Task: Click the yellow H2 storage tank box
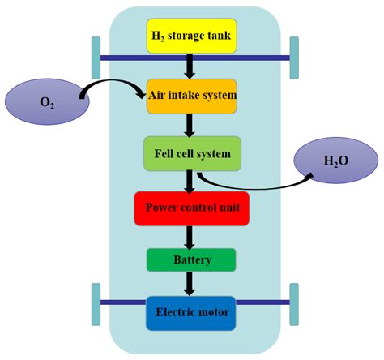point(191,37)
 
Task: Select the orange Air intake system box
point(192,96)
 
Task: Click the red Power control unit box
point(192,207)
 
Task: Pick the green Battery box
point(192,260)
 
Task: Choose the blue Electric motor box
point(192,311)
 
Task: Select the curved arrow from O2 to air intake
point(113,84)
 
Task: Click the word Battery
point(192,261)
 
